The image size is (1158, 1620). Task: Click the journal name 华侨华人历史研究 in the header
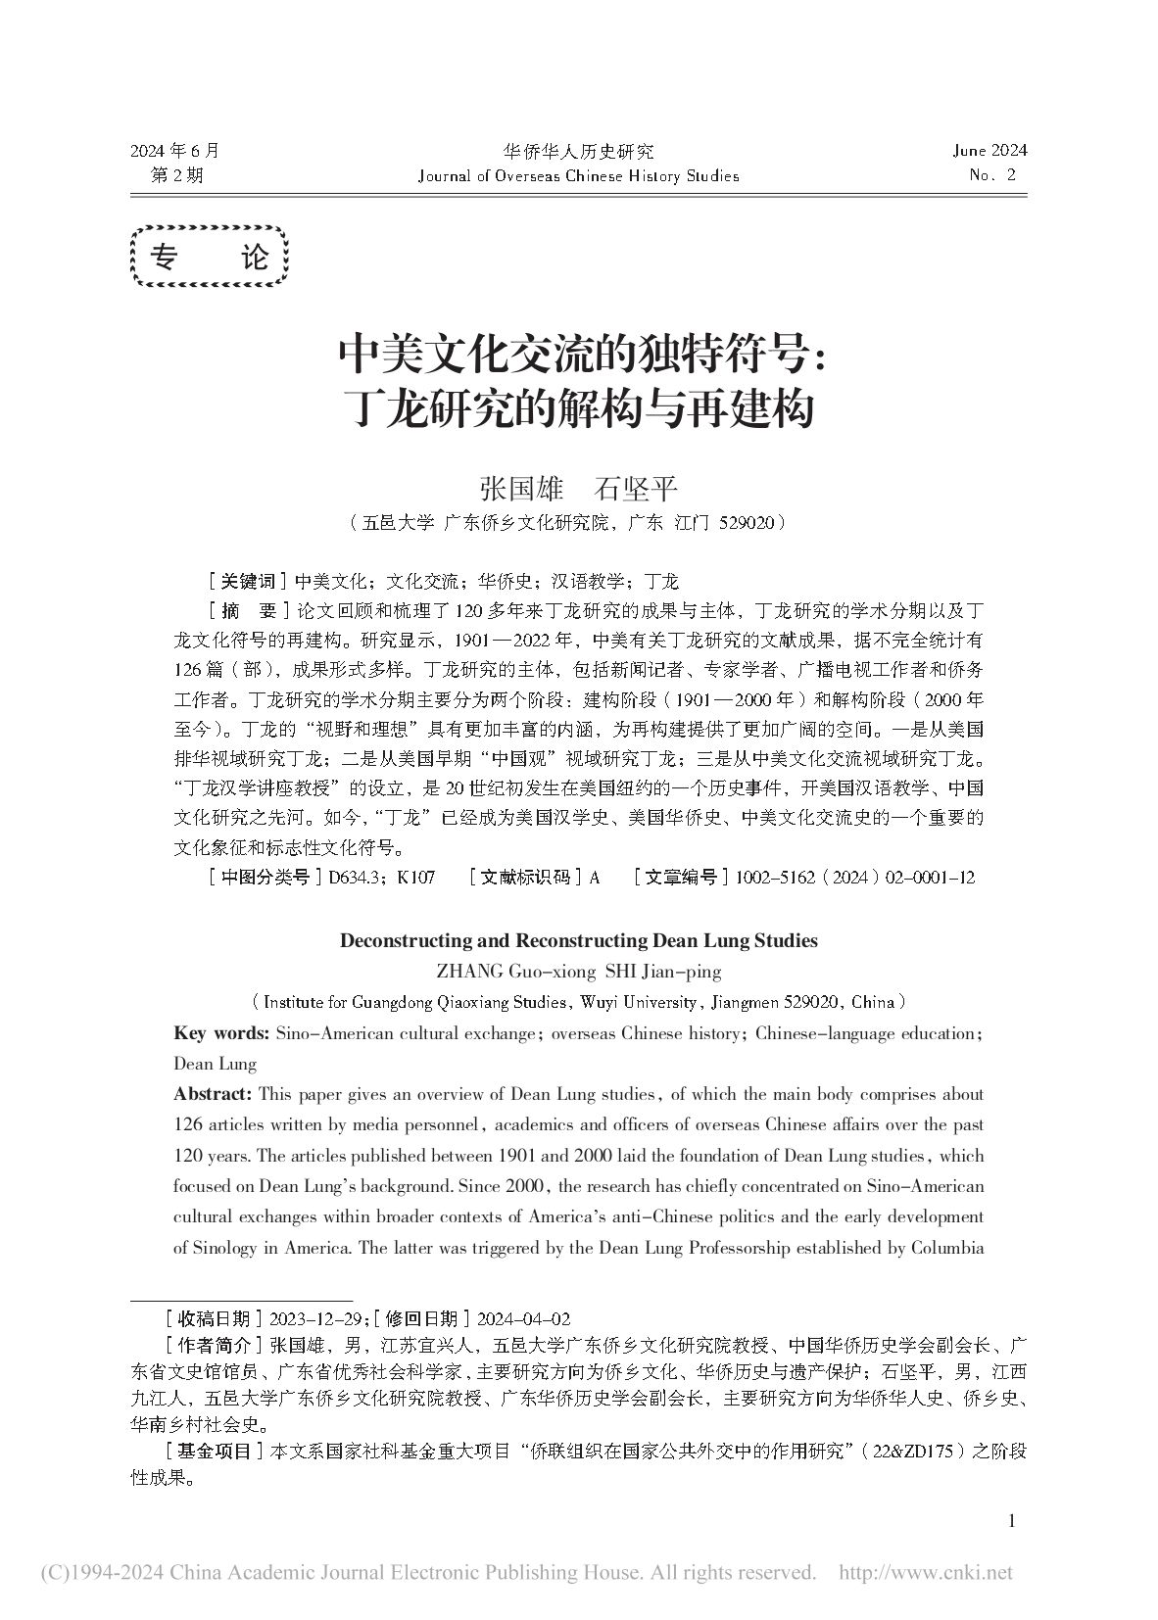point(578,152)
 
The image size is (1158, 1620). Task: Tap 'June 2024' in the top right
point(989,151)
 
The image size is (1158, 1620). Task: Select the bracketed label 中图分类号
point(265,878)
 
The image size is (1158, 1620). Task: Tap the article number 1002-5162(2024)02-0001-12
point(850,878)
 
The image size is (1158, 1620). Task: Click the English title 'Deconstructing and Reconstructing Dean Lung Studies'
point(578,940)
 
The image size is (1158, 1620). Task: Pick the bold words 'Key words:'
point(221,1033)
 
